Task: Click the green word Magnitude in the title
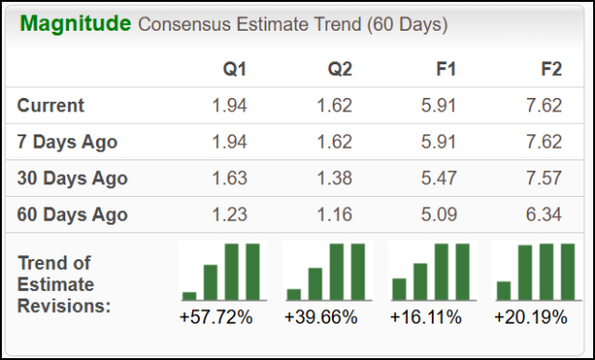[x=74, y=24]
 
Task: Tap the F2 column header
[x=550, y=69]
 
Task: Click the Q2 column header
[x=340, y=69]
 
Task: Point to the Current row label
[x=51, y=106]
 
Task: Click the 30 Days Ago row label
[x=72, y=178]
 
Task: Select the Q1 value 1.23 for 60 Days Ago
[x=230, y=214]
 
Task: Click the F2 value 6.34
[x=544, y=214]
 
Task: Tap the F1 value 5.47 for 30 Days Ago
[x=440, y=178]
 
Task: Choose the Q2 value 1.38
[x=335, y=178]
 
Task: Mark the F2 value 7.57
[x=544, y=178]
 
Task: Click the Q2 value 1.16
[x=335, y=214]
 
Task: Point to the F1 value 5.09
[x=440, y=214]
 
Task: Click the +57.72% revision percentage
[x=216, y=317]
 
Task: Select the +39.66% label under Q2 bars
[x=321, y=317]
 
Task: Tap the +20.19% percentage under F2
[x=531, y=317]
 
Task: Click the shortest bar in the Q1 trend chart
[x=189, y=296]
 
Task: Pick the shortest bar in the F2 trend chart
[x=504, y=290]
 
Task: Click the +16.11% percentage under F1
[x=425, y=317]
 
